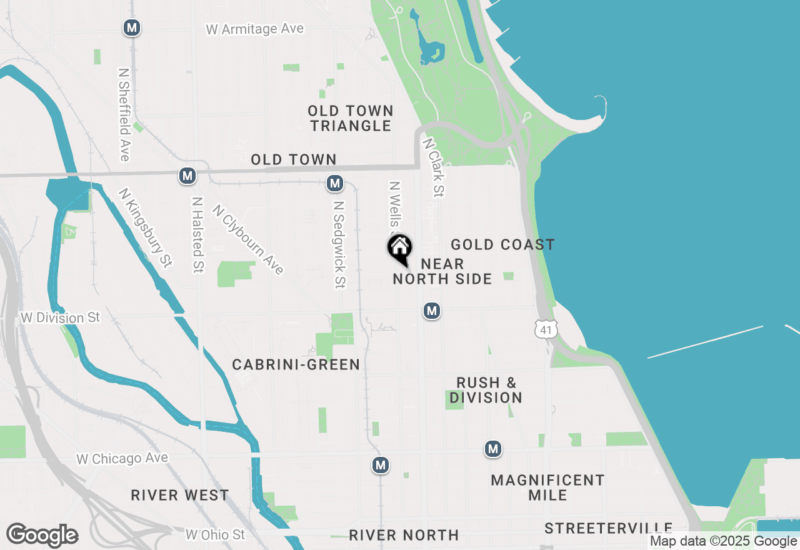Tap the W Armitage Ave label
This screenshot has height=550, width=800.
(x=254, y=29)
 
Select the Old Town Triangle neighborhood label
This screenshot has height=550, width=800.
(x=351, y=118)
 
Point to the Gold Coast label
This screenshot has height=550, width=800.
(x=502, y=244)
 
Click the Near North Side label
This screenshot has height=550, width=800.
(x=442, y=271)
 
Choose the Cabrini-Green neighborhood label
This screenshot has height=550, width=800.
(x=296, y=364)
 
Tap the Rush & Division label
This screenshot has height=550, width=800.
(x=486, y=390)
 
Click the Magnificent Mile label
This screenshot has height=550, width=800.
(x=547, y=487)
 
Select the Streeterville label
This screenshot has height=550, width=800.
(x=608, y=529)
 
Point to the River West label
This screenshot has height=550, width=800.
(x=180, y=496)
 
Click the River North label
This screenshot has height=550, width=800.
(x=404, y=535)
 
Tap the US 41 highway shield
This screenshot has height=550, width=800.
(x=546, y=329)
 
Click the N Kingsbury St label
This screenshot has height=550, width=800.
(x=144, y=228)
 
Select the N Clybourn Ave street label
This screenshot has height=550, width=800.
(x=248, y=239)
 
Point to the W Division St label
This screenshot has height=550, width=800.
(x=60, y=317)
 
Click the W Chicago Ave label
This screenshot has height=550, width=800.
(x=122, y=459)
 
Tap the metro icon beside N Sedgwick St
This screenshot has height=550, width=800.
(x=335, y=183)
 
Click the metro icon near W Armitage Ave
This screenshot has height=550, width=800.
(x=131, y=27)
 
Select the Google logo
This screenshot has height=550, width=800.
(x=42, y=535)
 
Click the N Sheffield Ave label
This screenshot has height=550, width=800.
(x=123, y=114)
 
